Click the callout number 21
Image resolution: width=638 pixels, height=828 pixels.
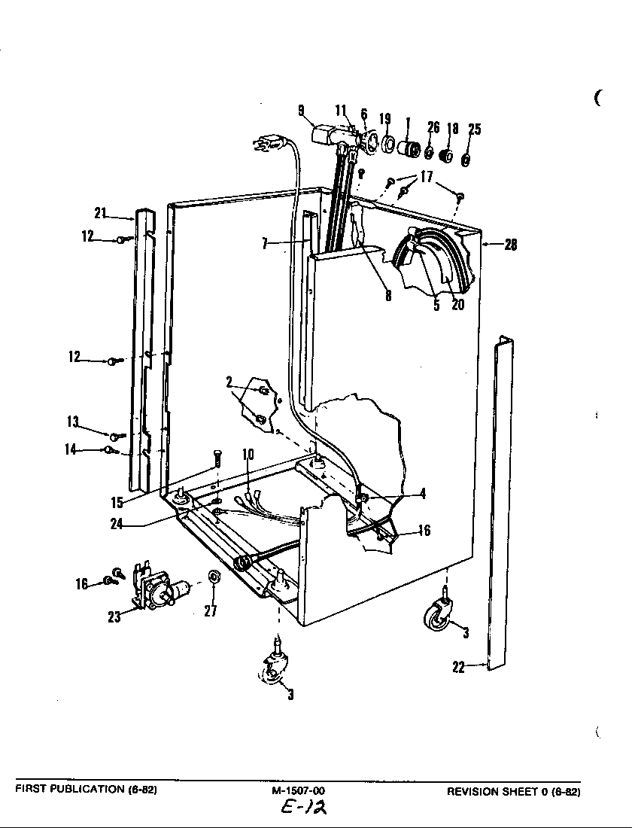pos(101,213)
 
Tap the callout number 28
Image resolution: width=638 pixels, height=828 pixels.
pos(510,245)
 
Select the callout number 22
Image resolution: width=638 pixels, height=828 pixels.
pos(458,666)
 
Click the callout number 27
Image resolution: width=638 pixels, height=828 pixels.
pos(211,611)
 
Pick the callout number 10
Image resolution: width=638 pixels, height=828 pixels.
pos(248,454)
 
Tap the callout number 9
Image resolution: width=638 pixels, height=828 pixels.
pos(301,110)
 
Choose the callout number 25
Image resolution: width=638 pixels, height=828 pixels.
pos(474,130)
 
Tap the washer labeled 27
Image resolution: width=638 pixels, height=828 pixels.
pos(214,577)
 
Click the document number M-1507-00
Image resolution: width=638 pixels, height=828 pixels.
pos(299,791)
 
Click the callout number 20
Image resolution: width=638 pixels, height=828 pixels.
pos(457,305)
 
